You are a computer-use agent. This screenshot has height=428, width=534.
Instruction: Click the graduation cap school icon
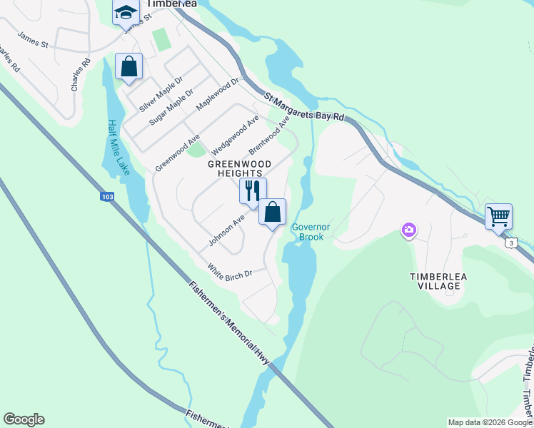(x=126, y=13)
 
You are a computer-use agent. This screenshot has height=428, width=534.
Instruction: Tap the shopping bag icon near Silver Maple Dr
(x=129, y=67)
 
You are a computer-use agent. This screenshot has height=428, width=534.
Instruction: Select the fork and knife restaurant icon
(x=252, y=190)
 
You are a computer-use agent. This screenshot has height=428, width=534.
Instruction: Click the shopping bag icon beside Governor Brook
(x=272, y=212)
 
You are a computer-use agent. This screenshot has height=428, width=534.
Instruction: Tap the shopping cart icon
(x=498, y=215)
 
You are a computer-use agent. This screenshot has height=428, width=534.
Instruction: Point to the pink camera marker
(x=409, y=230)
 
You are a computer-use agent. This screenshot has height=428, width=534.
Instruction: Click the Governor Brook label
(x=308, y=232)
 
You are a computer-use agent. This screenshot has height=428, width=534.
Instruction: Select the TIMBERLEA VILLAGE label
(x=435, y=280)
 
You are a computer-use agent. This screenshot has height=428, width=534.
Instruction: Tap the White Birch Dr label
(x=230, y=272)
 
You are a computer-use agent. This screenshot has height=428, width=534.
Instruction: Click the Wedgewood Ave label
(x=235, y=136)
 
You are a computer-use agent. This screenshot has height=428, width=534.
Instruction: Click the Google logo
(x=24, y=419)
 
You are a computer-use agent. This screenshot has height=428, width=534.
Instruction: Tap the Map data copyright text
(x=489, y=422)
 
